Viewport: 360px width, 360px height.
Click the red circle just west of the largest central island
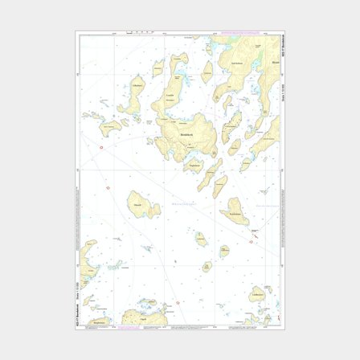[100, 146]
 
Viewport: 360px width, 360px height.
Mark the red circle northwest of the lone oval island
[108, 187]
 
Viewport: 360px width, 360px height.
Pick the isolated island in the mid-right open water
[233, 211]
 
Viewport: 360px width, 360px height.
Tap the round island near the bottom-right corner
[257, 293]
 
